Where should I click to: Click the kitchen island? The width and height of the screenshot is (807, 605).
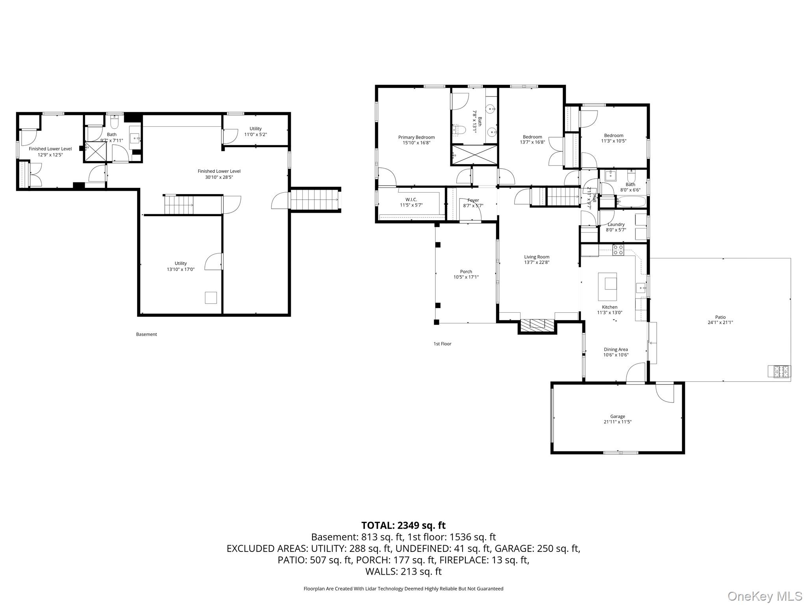[x=608, y=287]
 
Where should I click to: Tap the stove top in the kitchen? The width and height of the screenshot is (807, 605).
[x=618, y=250]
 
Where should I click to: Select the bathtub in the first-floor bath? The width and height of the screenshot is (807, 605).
[x=631, y=202]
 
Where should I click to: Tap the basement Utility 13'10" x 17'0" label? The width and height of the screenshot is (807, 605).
[x=181, y=266]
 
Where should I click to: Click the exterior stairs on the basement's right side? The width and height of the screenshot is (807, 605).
[x=315, y=200]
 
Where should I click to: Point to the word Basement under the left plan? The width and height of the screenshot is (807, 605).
[x=147, y=334]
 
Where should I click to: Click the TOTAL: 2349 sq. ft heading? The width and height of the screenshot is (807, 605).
[x=403, y=525]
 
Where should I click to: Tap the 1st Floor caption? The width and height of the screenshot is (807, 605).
[x=443, y=344]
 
